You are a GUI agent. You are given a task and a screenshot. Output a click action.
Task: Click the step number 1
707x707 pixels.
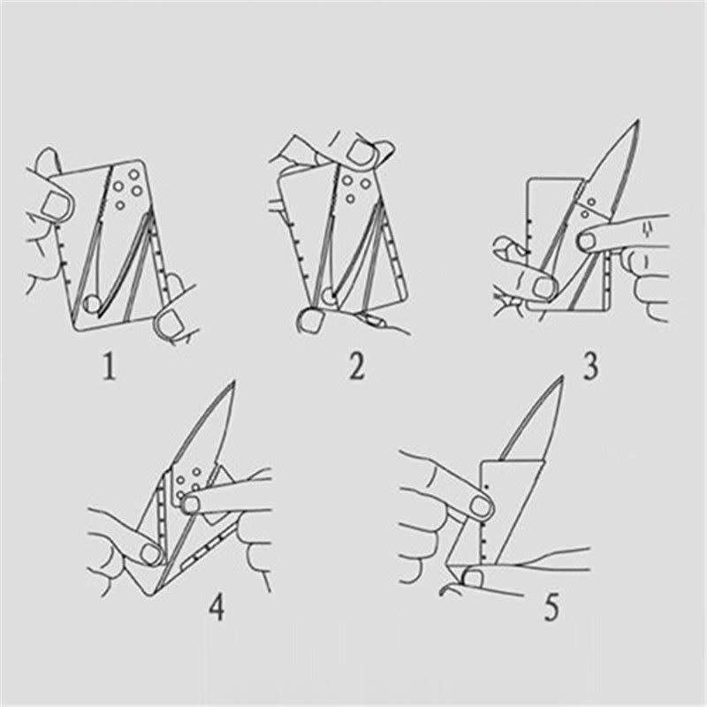pyautogui.click(x=108, y=365)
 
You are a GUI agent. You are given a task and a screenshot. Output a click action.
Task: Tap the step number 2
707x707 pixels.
pyautogui.click(x=355, y=365)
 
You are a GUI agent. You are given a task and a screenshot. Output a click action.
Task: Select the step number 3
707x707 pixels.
pyautogui.click(x=589, y=365)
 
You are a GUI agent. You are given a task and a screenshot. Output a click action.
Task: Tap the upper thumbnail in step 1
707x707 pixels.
pyautogui.click(x=53, y=205)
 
